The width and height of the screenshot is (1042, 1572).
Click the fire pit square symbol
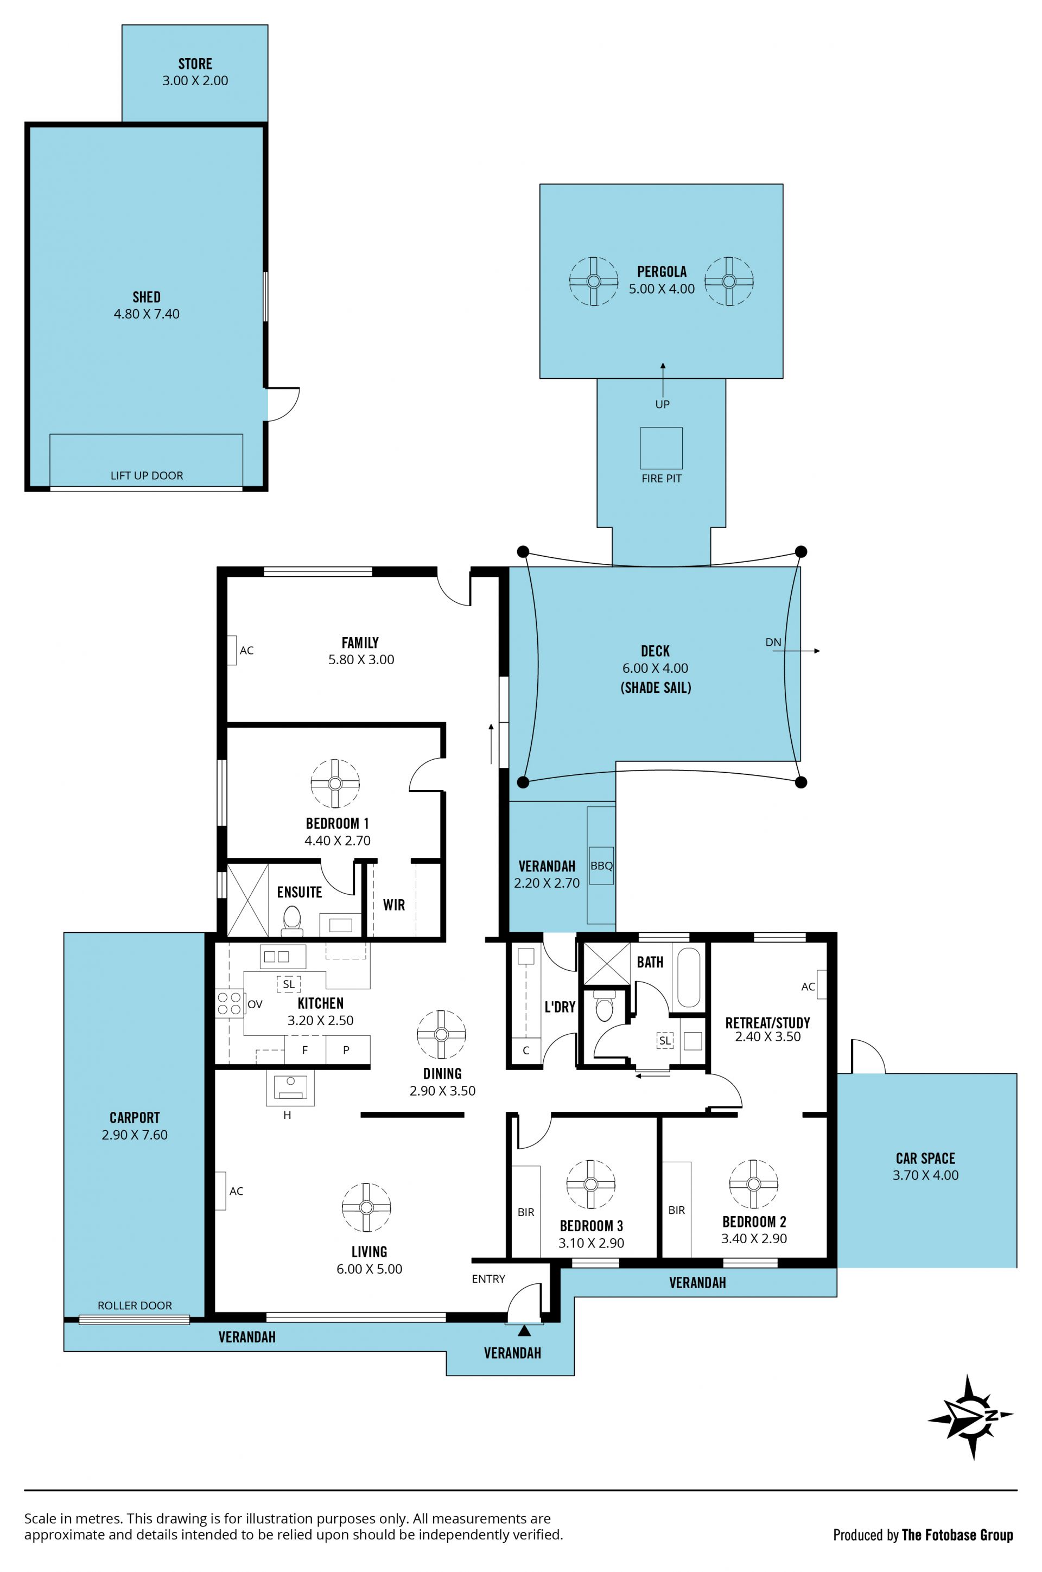tap(661, 448)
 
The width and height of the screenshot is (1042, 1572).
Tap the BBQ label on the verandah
tap(601, 865)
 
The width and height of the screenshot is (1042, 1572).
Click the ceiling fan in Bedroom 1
tap(335, 784)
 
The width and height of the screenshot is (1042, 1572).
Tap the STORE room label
tap(195, 64)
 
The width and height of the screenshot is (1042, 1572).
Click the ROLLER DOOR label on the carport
tap(135, 1305)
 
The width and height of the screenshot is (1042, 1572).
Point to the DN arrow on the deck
tap(801, 651)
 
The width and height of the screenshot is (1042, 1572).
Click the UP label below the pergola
tap(663, 404)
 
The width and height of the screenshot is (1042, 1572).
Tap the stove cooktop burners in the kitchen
tap(228, 1003)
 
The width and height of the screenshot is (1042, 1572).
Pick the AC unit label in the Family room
tap(246, 651)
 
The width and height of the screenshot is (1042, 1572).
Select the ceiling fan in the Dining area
tap(441, 1034)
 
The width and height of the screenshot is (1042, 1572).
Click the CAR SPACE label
tap(926, 1158)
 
